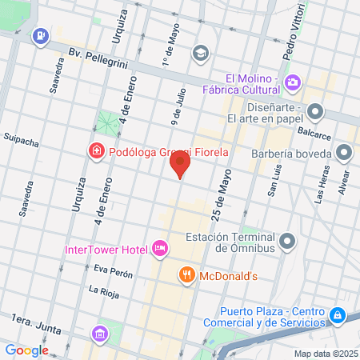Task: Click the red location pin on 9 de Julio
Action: tap(180, 164)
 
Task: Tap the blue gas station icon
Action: tap(39, 35)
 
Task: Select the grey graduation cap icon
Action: tap(200, 53)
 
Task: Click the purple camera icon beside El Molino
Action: tap(293, 82)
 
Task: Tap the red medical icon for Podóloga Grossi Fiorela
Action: tap(96, 150)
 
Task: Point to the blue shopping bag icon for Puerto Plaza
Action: tap(338, 316)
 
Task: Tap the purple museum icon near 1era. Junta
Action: tap(100, 333)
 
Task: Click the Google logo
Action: tap(26, 350)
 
